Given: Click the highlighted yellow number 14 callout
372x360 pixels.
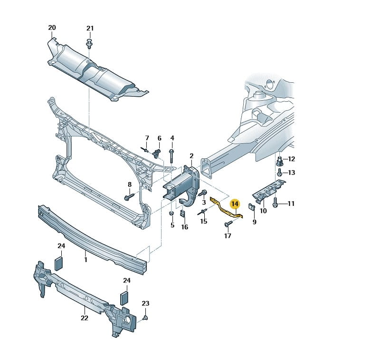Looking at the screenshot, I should (x=235, y=204).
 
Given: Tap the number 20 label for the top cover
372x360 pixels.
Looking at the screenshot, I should (x=52, y=28).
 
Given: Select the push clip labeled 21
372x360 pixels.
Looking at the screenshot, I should (x=90, y=45).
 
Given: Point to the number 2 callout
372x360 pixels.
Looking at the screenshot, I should (x=191, y=156).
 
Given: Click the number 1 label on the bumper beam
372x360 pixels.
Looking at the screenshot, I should (x=86, y=260).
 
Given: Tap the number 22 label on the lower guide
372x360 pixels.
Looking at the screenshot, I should (x=84, y=318).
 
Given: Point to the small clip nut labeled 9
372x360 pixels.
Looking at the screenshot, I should (x=251, y=207).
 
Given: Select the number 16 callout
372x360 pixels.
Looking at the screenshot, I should (x=184, y=227).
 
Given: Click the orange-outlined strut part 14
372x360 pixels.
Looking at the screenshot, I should (x=223, y=208).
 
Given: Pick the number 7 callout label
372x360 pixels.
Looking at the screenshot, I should (x=147, y=138).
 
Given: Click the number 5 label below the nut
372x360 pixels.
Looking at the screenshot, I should (x=172, y=225).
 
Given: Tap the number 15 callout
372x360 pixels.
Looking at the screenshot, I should (x=203, y=221).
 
